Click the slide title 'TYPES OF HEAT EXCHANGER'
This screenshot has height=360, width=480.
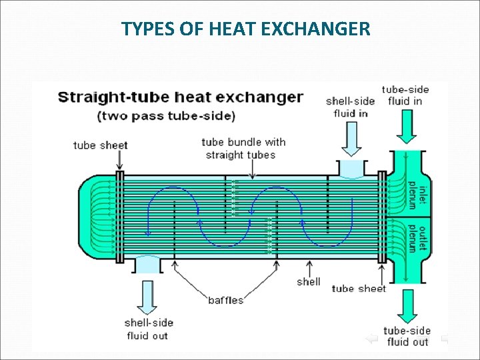pyautogui.click(x=246, y=29)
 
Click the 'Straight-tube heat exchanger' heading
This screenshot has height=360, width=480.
pyautogui.click(x=181, y=97)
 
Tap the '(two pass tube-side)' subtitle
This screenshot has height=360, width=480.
pyautogui.click(x=166, y=116)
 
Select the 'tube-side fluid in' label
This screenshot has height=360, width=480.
pyautogui.click(x=405, y=95)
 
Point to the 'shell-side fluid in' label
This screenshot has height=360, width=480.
pyautogui.click(x=350, y=107)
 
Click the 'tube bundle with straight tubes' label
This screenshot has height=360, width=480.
pyautogui.click(x=243, y=148)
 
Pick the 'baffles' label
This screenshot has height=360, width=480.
pyautogui.click(x=225, y=300)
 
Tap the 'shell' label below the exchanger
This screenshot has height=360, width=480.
pyautogui.click(x=309, y=281)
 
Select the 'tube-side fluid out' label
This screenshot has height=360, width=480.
pyautogui.click(x=407, y=336)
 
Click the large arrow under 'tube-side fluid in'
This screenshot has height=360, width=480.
pyautogui.click(x=406, y=127)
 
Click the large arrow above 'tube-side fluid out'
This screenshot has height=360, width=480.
pyautogui.click(x=406, y=306)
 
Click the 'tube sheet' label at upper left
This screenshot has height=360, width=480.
pyautogui.click(x=100, y=145)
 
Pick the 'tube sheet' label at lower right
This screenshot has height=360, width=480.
pyautogui.click(x=359, y=289)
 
